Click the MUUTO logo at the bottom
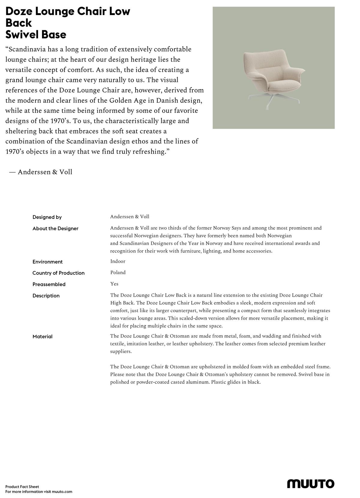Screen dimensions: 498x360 click(x=310, y=484)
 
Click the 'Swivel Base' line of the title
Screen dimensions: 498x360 click(x=36, y=35)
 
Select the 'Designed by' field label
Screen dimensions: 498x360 click(x=47, y=217)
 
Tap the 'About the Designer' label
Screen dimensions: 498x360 click(x=55, y=228)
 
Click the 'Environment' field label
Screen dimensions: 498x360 click(x=47, y=262)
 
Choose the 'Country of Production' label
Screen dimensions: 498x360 click(x=58, y=273)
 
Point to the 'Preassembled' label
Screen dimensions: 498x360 click(x=49, y=284)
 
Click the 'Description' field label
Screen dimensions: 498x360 click(x=46, y=296)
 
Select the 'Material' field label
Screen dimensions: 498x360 click(x=42, y=337)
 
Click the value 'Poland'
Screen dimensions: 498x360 click(x=118, y=273)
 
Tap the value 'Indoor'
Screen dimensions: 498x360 click(x=118, y=261)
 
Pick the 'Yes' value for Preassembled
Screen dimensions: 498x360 click(x=114, y=284)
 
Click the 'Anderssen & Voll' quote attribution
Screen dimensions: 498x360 click(x=45, y=172)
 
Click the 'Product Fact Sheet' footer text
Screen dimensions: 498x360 click(x=22, y=487)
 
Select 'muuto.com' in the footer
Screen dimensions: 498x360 click(x=62, y=492)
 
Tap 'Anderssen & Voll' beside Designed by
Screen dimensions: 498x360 click(x=130, y=217)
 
